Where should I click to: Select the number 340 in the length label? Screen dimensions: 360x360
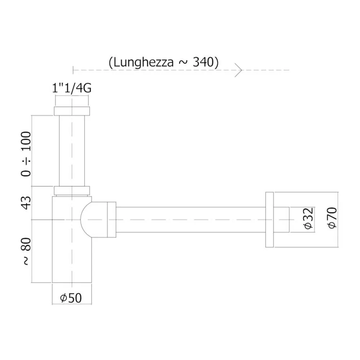click(x=203, y=62)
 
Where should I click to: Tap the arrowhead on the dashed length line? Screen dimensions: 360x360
click(x=239, y=70)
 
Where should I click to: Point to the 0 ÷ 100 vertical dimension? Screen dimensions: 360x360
click(x=26, y=154)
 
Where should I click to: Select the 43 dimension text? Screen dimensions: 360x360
click(x=26, y=203)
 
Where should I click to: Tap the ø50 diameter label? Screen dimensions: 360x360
click(x=71, y=298)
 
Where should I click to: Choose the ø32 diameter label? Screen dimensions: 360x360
click(x=308, y=219)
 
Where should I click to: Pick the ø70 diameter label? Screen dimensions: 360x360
click(x=332, y=218)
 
